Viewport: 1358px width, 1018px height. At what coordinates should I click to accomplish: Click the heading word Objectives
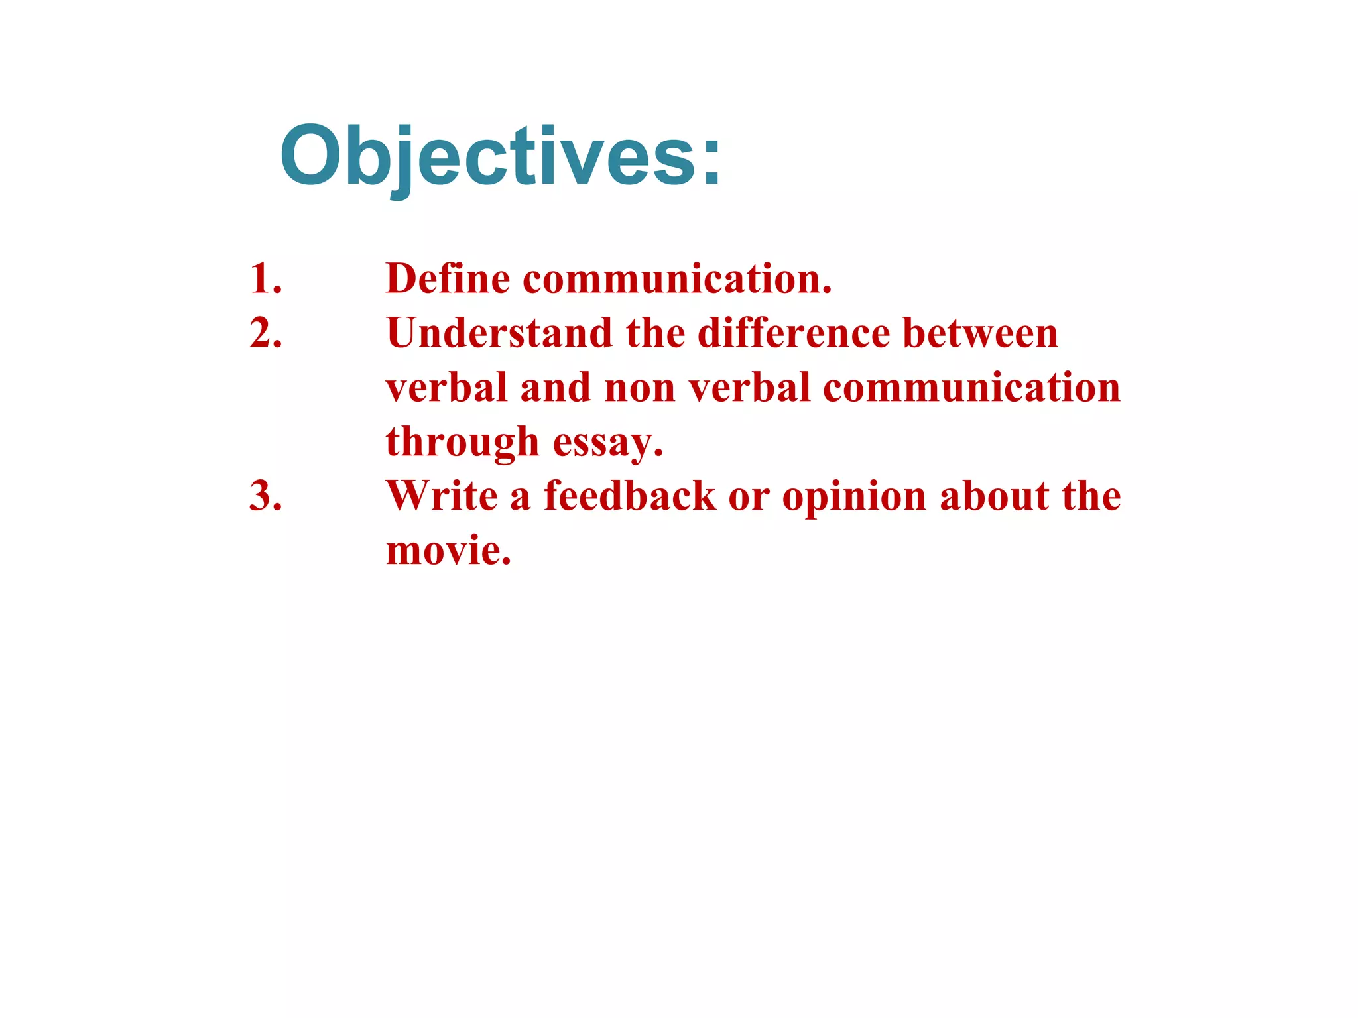click(x=501, y=156)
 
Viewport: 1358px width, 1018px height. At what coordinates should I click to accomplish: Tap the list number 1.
click(x=266, y=278)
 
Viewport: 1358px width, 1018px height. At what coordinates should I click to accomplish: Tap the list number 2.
click(x=266, y=333)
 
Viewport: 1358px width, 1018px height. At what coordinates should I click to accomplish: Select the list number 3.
click(x=266, y=496)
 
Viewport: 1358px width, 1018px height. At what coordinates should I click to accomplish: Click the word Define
click(x=448, y=278)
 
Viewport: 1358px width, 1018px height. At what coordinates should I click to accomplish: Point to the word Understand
click(x=499, y=333)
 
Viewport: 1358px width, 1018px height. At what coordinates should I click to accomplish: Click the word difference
click(x=793, y=333)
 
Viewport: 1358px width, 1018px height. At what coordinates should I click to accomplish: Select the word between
click(x=980, y=333)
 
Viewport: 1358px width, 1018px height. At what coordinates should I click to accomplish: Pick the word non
click(x=640, y=388)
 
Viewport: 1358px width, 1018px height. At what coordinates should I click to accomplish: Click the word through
click(x=462, y=443)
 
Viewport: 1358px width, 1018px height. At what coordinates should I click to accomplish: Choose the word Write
click(x=442, y=496)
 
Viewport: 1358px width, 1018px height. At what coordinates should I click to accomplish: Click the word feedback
click(x=630, y=496)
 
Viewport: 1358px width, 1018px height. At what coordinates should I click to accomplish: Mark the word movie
click(x=448, y=551)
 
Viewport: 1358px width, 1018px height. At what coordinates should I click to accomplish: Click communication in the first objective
click(x=676, y=278)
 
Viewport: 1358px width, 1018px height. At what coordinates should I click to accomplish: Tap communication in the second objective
click(x=971, y=388)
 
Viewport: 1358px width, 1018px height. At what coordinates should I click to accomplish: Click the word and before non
click(x=555, y=388)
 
